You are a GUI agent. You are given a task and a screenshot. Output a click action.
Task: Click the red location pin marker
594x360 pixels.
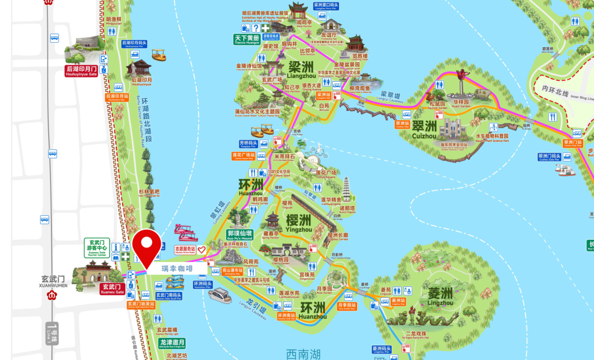tap(147, 246)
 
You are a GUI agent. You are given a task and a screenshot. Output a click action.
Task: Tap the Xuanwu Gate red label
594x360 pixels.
tap(112, 288)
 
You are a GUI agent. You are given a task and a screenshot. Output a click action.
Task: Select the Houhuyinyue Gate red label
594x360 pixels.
tap(81, 71)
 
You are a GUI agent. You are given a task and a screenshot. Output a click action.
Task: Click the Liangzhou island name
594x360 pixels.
tap(301, 69)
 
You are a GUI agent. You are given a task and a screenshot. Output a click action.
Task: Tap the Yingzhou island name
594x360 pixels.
tap(299, 223)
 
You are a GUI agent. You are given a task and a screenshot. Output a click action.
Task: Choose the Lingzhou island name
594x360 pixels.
tap(440, 296)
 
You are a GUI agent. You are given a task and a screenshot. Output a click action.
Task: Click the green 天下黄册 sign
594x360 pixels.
tap(247, 39)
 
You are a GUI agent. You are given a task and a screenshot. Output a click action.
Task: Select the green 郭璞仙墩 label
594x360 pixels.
tap(240, 235)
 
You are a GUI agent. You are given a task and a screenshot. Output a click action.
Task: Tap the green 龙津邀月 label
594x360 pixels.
tap(172, 343)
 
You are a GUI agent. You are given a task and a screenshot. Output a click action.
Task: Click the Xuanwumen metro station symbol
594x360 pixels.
tap(52, 295)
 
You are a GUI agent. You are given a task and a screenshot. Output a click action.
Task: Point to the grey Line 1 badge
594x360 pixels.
tap(52, 333)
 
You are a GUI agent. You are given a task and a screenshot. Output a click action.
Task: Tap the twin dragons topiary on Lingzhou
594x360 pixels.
tap(422, 319)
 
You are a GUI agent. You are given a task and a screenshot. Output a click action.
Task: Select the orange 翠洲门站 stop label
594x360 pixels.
tap(573, 143)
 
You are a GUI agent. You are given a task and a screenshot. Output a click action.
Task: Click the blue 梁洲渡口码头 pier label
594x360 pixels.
tap(326, 6)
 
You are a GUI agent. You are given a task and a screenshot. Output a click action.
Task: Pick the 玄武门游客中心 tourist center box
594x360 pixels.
tap(97, 247)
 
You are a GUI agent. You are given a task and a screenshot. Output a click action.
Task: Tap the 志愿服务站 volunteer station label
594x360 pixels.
tap(185, 250)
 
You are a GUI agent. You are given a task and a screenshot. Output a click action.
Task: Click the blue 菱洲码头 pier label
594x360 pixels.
tap(382, 350)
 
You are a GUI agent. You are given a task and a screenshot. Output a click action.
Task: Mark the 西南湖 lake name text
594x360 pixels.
tap(303, 354)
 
